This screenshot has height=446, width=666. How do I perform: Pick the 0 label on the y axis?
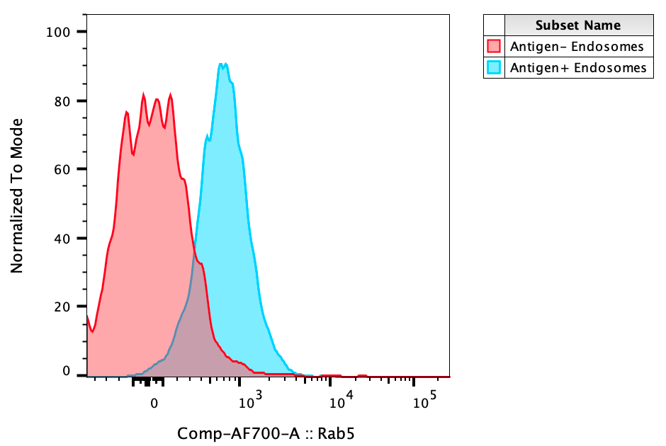pos(67,371)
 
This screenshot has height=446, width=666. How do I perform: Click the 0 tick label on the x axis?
pos(154,403)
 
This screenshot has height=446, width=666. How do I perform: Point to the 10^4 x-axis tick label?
pos(342,401)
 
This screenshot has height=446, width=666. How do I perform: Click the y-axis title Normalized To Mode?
pos(17,195)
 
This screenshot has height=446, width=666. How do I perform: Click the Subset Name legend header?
pos(578,25)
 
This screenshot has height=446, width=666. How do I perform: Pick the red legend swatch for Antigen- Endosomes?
pos(494,47)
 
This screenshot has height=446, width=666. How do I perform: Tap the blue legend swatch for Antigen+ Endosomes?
pos(494,68)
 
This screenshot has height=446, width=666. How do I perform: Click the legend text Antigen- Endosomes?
pos(577,47)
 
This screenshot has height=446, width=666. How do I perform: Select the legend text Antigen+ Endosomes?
pos(578,68)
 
